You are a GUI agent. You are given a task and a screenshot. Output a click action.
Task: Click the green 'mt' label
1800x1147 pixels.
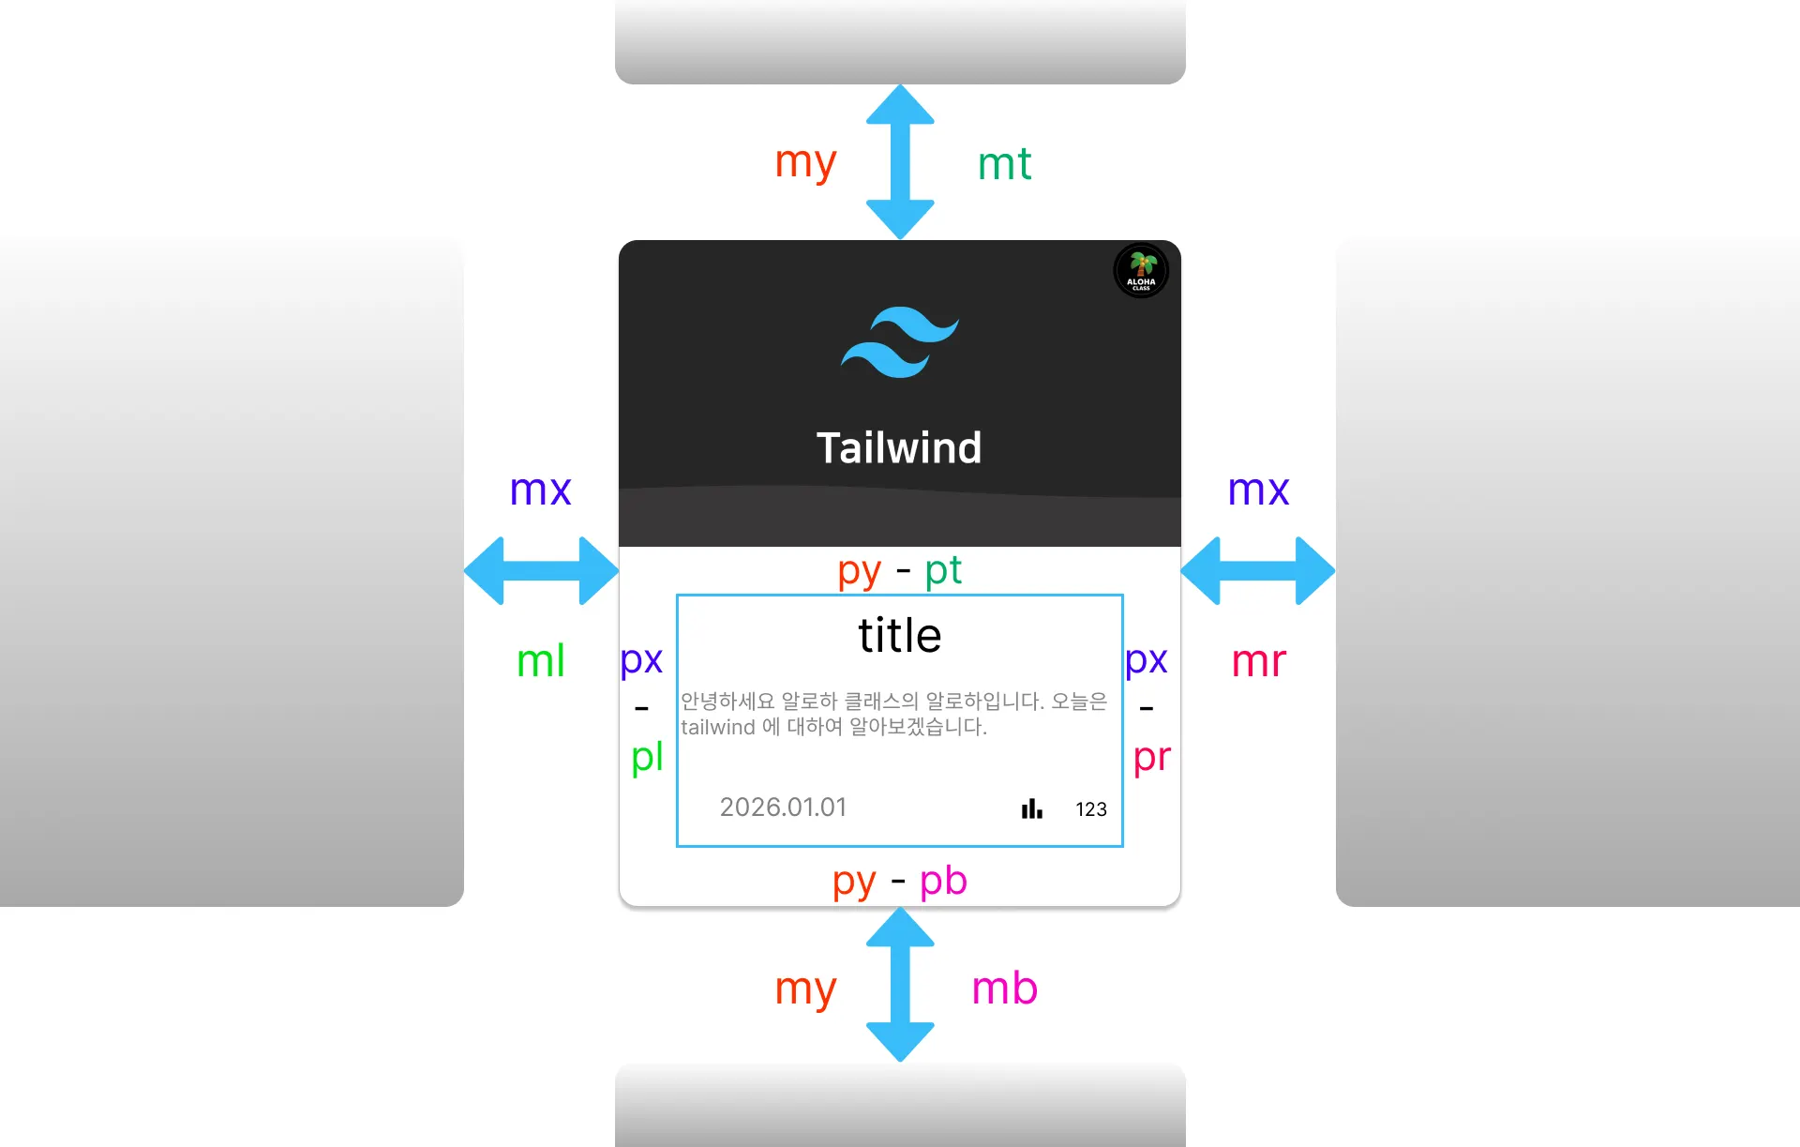point(1004,165)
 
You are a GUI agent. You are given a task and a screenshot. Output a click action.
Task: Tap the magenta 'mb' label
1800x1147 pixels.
point(1004,989)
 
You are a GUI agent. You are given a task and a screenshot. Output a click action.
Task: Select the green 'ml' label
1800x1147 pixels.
point(541,661)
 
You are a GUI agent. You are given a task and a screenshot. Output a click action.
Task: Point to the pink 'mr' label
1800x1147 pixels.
point(1258,661)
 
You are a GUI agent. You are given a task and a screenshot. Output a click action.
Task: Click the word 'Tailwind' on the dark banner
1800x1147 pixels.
point(899,448)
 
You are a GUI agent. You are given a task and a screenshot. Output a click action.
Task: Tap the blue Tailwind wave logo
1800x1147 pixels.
point(899,341)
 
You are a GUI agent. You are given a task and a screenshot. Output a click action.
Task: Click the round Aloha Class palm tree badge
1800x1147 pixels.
point(1140,271)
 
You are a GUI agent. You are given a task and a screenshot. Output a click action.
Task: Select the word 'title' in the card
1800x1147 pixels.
point(899,636)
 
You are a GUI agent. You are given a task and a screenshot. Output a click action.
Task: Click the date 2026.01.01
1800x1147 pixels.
point(783,807)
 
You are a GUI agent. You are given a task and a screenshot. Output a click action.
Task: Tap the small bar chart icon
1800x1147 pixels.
point(1031,808)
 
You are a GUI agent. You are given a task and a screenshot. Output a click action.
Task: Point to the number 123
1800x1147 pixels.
point(1090,809)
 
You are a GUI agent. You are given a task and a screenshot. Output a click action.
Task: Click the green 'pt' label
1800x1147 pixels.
point(943,570)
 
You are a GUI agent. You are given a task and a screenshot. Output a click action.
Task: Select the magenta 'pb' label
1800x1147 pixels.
point(943,882)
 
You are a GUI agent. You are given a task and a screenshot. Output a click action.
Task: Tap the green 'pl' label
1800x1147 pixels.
point(647,758)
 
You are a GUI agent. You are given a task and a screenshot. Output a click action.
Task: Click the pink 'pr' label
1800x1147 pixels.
point(1152,758)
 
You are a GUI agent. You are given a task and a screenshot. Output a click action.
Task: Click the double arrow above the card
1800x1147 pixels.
point(900,162)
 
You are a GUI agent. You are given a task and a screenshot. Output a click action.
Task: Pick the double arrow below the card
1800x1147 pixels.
point(900,985)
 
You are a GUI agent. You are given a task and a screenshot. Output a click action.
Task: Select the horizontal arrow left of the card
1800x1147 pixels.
point(541,570)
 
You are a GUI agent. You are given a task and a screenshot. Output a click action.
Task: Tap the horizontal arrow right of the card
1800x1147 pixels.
point(1258,570)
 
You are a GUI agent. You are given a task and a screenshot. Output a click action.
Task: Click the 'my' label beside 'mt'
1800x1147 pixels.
point(805,163)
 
